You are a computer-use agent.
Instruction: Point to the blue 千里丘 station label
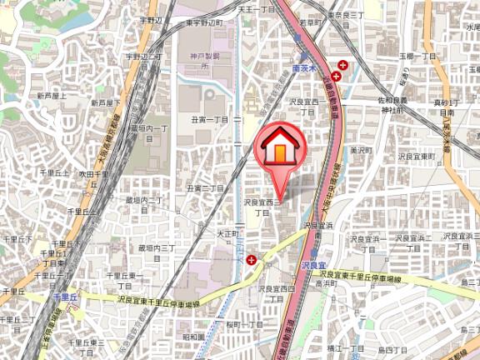(x=65, y=296)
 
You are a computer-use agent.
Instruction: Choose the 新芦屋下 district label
(x=105, y=102)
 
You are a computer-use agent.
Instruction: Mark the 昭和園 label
(x=193, y=337)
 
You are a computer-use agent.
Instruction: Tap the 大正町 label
(x=227, y=234)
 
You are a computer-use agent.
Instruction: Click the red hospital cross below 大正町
(x=250, y=261)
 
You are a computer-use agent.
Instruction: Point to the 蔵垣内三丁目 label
(x=156, y=252)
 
